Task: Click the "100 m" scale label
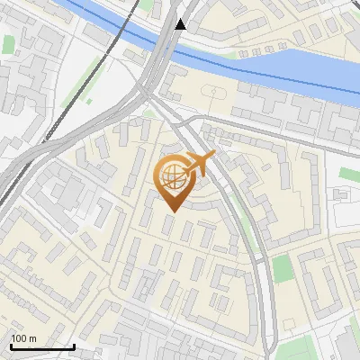click(23, 338)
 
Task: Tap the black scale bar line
click(42, 347)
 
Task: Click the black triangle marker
click(181, 24)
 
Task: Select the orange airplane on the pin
click(202, 165)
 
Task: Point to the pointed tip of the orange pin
click(171, 211)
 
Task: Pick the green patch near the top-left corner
click(9, 43)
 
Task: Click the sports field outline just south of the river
click(212, 92)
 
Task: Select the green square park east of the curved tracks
click(283, 267)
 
